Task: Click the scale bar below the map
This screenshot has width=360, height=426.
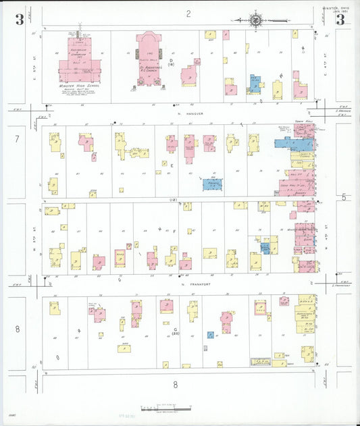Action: (166, 408)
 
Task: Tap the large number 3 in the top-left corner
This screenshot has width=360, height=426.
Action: (20, 20)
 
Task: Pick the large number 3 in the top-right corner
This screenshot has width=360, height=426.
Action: (340, 20)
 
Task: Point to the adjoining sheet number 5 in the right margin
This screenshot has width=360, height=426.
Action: (344, 196)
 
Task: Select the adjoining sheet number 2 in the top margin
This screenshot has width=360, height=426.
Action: (189, 13)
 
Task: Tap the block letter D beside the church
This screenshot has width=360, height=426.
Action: (171, 61)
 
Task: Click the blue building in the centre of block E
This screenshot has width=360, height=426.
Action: (213, 184)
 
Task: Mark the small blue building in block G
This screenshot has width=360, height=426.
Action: (211, 334)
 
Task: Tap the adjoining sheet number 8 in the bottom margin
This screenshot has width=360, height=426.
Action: (175, 384)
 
